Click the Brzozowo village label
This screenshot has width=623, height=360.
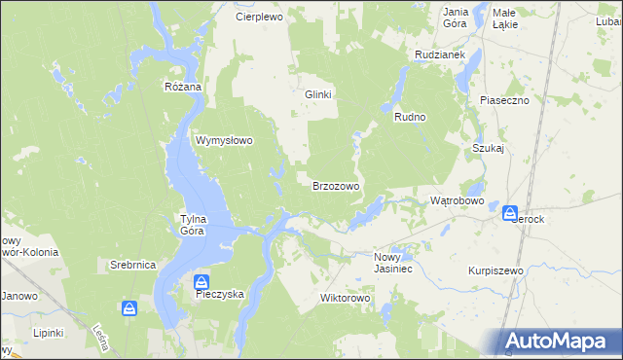pyautogui.click(x=336, y=186)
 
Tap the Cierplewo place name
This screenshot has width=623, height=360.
pyautogui.click(x=258, y=18)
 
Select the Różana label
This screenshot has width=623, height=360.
pyautogui.click(x=182, y=87)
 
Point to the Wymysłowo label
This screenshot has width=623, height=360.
pyautogui.click(x=225, y=140)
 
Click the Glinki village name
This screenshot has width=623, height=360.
pyautogui.click(x=319, y=94)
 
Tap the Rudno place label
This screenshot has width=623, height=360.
pyautogui.click(x=410, y=117)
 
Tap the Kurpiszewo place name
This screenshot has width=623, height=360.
pyautogui.click(x=495, y=270)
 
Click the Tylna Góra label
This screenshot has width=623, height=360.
pyautogui.click(x=192, y=225)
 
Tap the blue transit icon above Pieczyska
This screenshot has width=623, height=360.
pyautogui.click(x=202, y=280)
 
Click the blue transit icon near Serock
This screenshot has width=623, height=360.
pyautogui.click(x=511, y=213)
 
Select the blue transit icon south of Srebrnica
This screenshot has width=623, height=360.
pyautogui.click(x=129, y=309)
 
